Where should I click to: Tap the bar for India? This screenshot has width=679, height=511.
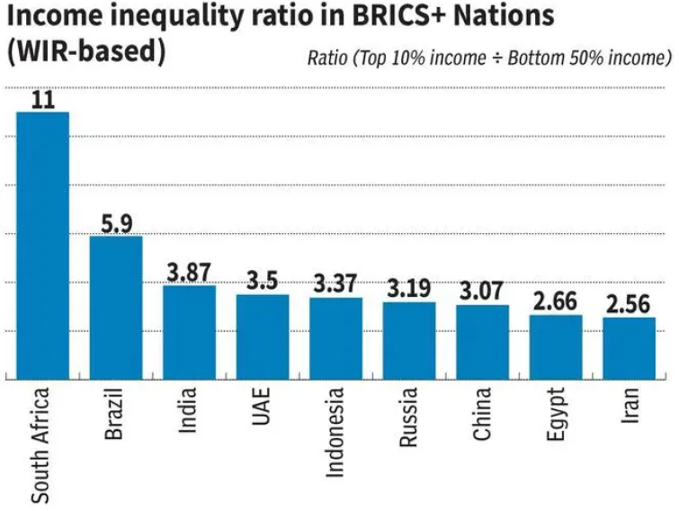pos(189,332)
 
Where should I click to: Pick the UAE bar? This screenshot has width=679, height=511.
pos(263,336)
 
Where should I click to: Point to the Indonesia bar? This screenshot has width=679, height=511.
pos(335,338)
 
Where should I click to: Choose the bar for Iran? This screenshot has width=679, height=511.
pos(629,348)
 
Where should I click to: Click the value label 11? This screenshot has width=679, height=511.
pos(43,99)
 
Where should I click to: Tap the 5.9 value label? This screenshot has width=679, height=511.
pos(116,223)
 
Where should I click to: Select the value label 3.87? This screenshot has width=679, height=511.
pos(189,273)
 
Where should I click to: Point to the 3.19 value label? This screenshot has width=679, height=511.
pos(409,289)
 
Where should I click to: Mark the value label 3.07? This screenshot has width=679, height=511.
pos(482,292)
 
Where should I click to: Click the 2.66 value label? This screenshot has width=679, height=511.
pos(556,302)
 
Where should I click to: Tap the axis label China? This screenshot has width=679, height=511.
pos(483,414)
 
